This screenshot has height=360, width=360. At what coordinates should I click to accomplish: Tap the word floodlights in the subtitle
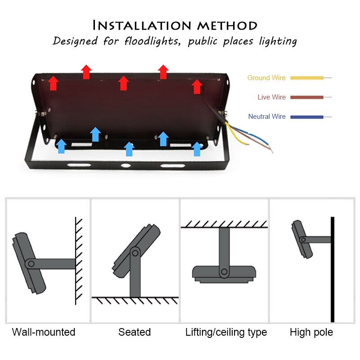tap(147, 41)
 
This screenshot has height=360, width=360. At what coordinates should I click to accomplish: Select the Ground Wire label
tap(266, 78)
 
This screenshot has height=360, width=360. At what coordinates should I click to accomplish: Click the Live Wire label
tap(271, 97)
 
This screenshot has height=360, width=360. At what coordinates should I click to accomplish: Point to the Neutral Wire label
tap(267, 117)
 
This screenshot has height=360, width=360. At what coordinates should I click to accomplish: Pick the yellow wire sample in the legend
tap(306, 78)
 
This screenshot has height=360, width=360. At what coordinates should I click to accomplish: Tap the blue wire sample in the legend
tap(306, 117)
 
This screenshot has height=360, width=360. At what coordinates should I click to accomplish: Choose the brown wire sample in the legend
tap(306, 97)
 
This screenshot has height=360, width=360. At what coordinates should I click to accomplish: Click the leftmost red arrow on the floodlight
tap(54, 83)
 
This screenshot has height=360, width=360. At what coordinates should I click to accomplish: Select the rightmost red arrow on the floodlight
tap(197, 86)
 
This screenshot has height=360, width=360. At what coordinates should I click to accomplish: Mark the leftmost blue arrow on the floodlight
tap(62, 146)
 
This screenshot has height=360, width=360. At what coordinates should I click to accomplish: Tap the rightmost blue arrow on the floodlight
tap(197, 148)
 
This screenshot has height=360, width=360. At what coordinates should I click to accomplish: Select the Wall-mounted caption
tap(44, 333)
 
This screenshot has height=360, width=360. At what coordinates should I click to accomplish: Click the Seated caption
tap(135, 333)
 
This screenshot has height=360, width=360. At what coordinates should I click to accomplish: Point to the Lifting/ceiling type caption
tap(226, 333)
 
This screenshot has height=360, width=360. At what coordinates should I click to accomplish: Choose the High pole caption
tap(311, 333)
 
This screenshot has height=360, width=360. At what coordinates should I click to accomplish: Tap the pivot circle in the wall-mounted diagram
tap(30, 264)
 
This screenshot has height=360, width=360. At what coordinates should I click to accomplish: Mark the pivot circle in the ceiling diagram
tap(224, 272)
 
